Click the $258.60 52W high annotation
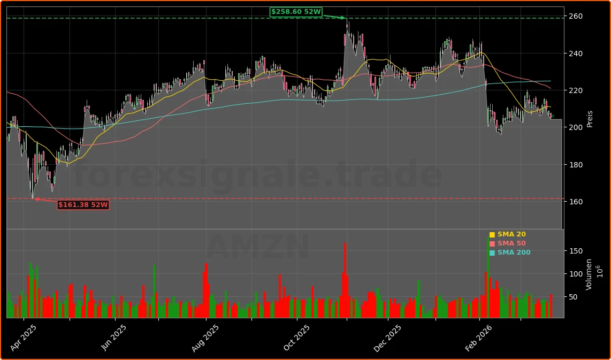pyautogui.click(x=296, y=12)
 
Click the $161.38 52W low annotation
pyautogui.click(x=83, y=205)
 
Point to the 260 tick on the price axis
pyautogui.click(x=576, y=17)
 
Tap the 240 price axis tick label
pyautogui.click(x=576, y=53)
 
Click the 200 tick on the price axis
pyautogui.click(x=576, y=127)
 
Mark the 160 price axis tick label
pyautogui.click(x=576, y=202)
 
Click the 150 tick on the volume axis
pyautogui.click(x=576, y=251)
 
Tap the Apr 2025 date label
pyautogui.click(x=23, y=338)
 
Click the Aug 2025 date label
pyautogui.click(x=205, y=338)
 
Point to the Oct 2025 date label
pyautogui.click(x=296, y=338)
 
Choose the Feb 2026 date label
pyautogui.click(x=478, y=338)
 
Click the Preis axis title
pyautogui.click(x=590, y=119)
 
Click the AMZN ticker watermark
pyautogui.click(x=258, y=247)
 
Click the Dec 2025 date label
pyautogui.click(x=387, y=338)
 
